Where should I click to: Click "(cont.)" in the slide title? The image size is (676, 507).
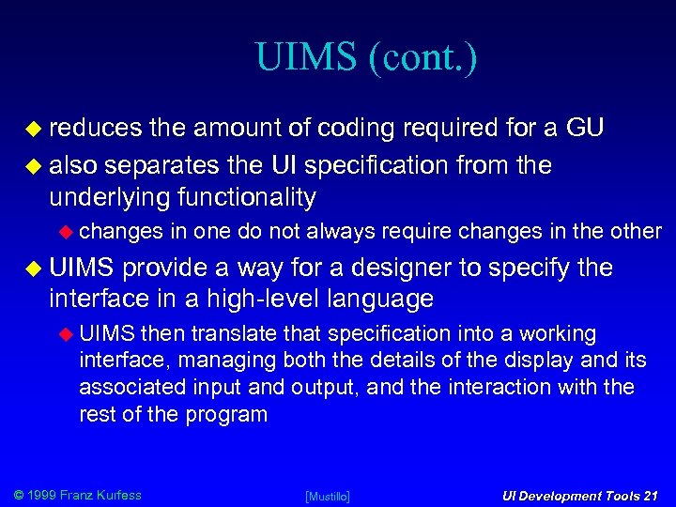click(x=423, y=58)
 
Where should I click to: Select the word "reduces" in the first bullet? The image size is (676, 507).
click(x=94, y=129)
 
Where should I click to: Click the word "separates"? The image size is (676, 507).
click(x=162, y=166)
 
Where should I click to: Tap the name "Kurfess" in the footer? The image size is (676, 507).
click(x=116, y=495)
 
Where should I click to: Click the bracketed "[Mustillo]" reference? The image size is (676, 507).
click(x=328, y=496)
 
